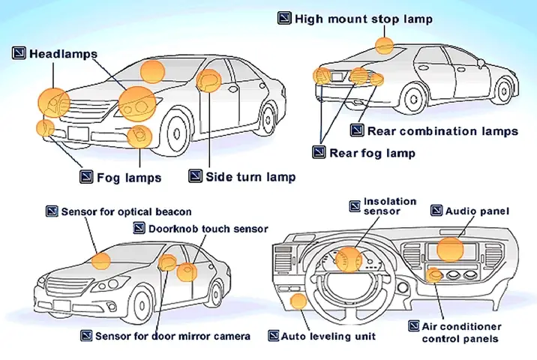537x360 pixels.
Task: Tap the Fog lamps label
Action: click(129, 178)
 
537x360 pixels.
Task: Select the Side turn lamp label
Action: click(250, 177)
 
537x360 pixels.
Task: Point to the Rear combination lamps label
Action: click(442, 131)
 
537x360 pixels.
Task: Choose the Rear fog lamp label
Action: click(372, 153)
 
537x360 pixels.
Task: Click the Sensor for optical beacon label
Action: click(126, 212)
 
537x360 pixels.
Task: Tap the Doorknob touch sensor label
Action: click(208, 228)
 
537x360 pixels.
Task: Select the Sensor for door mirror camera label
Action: click(172, 336)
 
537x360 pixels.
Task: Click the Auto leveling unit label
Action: click(328, 336)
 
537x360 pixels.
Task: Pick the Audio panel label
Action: click(477, 212)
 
